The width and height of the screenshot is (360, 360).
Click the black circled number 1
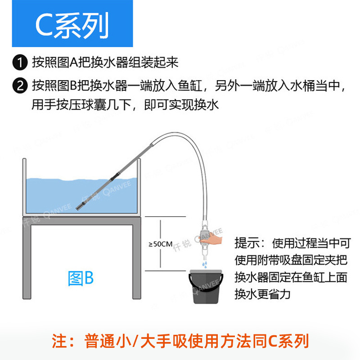(20, 62)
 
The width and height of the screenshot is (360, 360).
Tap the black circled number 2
(20, 85)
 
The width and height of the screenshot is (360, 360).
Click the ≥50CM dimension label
(161, 244)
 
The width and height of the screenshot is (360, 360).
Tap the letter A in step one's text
(74, 62)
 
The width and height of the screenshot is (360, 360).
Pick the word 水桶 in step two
(293, 85)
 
